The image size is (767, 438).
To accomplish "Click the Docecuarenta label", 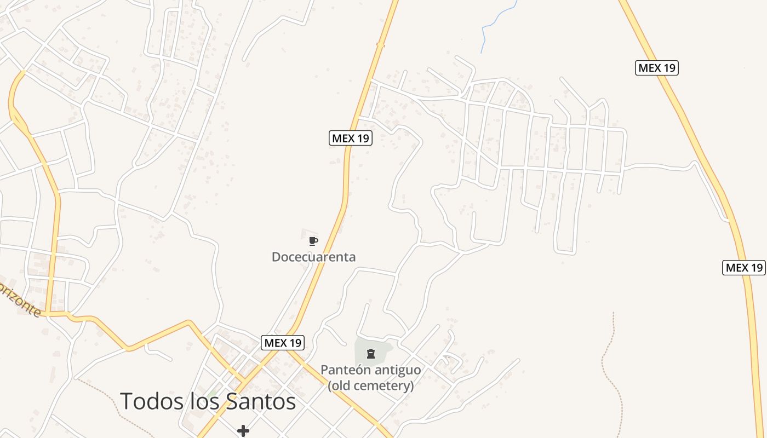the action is [313, 257].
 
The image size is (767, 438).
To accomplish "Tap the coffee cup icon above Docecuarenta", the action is [313, 241].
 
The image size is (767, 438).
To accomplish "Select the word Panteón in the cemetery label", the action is [342, 370].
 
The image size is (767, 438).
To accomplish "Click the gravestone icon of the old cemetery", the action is [371, 354].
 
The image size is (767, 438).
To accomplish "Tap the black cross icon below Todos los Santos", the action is [243, 431].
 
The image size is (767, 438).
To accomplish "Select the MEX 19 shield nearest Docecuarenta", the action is [350, 138].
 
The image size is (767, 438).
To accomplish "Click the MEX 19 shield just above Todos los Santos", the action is [282, 343].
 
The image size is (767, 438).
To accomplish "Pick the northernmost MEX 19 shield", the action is [656, 68].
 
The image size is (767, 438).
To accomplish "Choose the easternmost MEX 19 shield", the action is [743, 268].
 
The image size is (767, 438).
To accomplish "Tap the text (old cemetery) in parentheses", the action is [370, 385].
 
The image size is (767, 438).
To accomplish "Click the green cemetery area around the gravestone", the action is [383, 348].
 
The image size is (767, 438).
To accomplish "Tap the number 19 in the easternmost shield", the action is [755, 268].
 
